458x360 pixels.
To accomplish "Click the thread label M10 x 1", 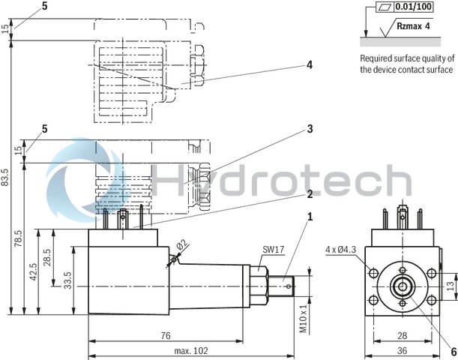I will click(x=304, y=317).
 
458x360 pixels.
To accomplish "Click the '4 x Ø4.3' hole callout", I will click(x=340, y=248).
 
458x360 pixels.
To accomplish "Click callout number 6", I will click(x=454, y=349).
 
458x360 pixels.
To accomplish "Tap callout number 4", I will click(x=309, y=64).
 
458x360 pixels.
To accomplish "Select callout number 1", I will click(x=309, y=217).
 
